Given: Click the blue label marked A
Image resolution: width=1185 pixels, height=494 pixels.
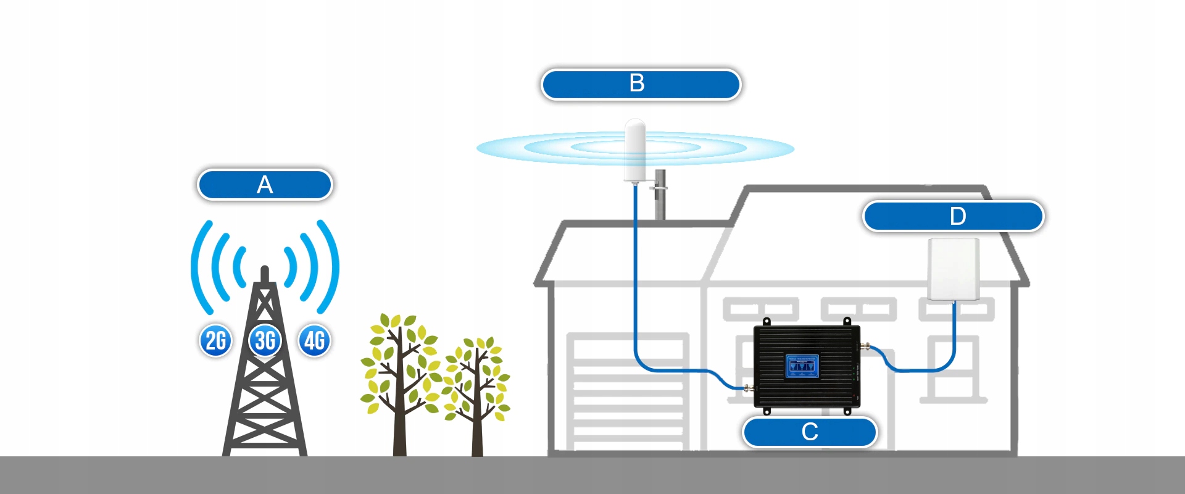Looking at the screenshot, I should [x=265, y=185].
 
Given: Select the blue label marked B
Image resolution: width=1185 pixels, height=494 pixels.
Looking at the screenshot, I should [x=640, y=84].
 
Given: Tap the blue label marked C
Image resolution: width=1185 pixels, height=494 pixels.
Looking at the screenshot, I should [x=809, y=432].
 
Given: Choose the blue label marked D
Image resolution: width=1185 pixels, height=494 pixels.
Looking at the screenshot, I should [x=953, y=216].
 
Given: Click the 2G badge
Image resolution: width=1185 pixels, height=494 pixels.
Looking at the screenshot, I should [x=215, y=340].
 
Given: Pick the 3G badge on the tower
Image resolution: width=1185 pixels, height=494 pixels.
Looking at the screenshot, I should [x=265, y=340].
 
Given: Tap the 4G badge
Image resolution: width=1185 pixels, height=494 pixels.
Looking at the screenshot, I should [x=315, y=340].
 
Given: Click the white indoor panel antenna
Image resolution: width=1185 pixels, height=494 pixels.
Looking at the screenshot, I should [x=954, y=269].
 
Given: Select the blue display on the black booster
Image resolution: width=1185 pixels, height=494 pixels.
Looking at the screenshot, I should [x=802, y=366].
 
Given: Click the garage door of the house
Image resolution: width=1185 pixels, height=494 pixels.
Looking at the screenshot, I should [x=628, y=393].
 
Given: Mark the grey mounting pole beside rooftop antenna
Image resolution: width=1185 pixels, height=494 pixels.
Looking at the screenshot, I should [x=660, y=195].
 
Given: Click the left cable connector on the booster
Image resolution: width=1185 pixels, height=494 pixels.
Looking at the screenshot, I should [x=749, y=388].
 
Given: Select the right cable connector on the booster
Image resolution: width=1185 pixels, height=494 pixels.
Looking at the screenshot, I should [x=865, y=346].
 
